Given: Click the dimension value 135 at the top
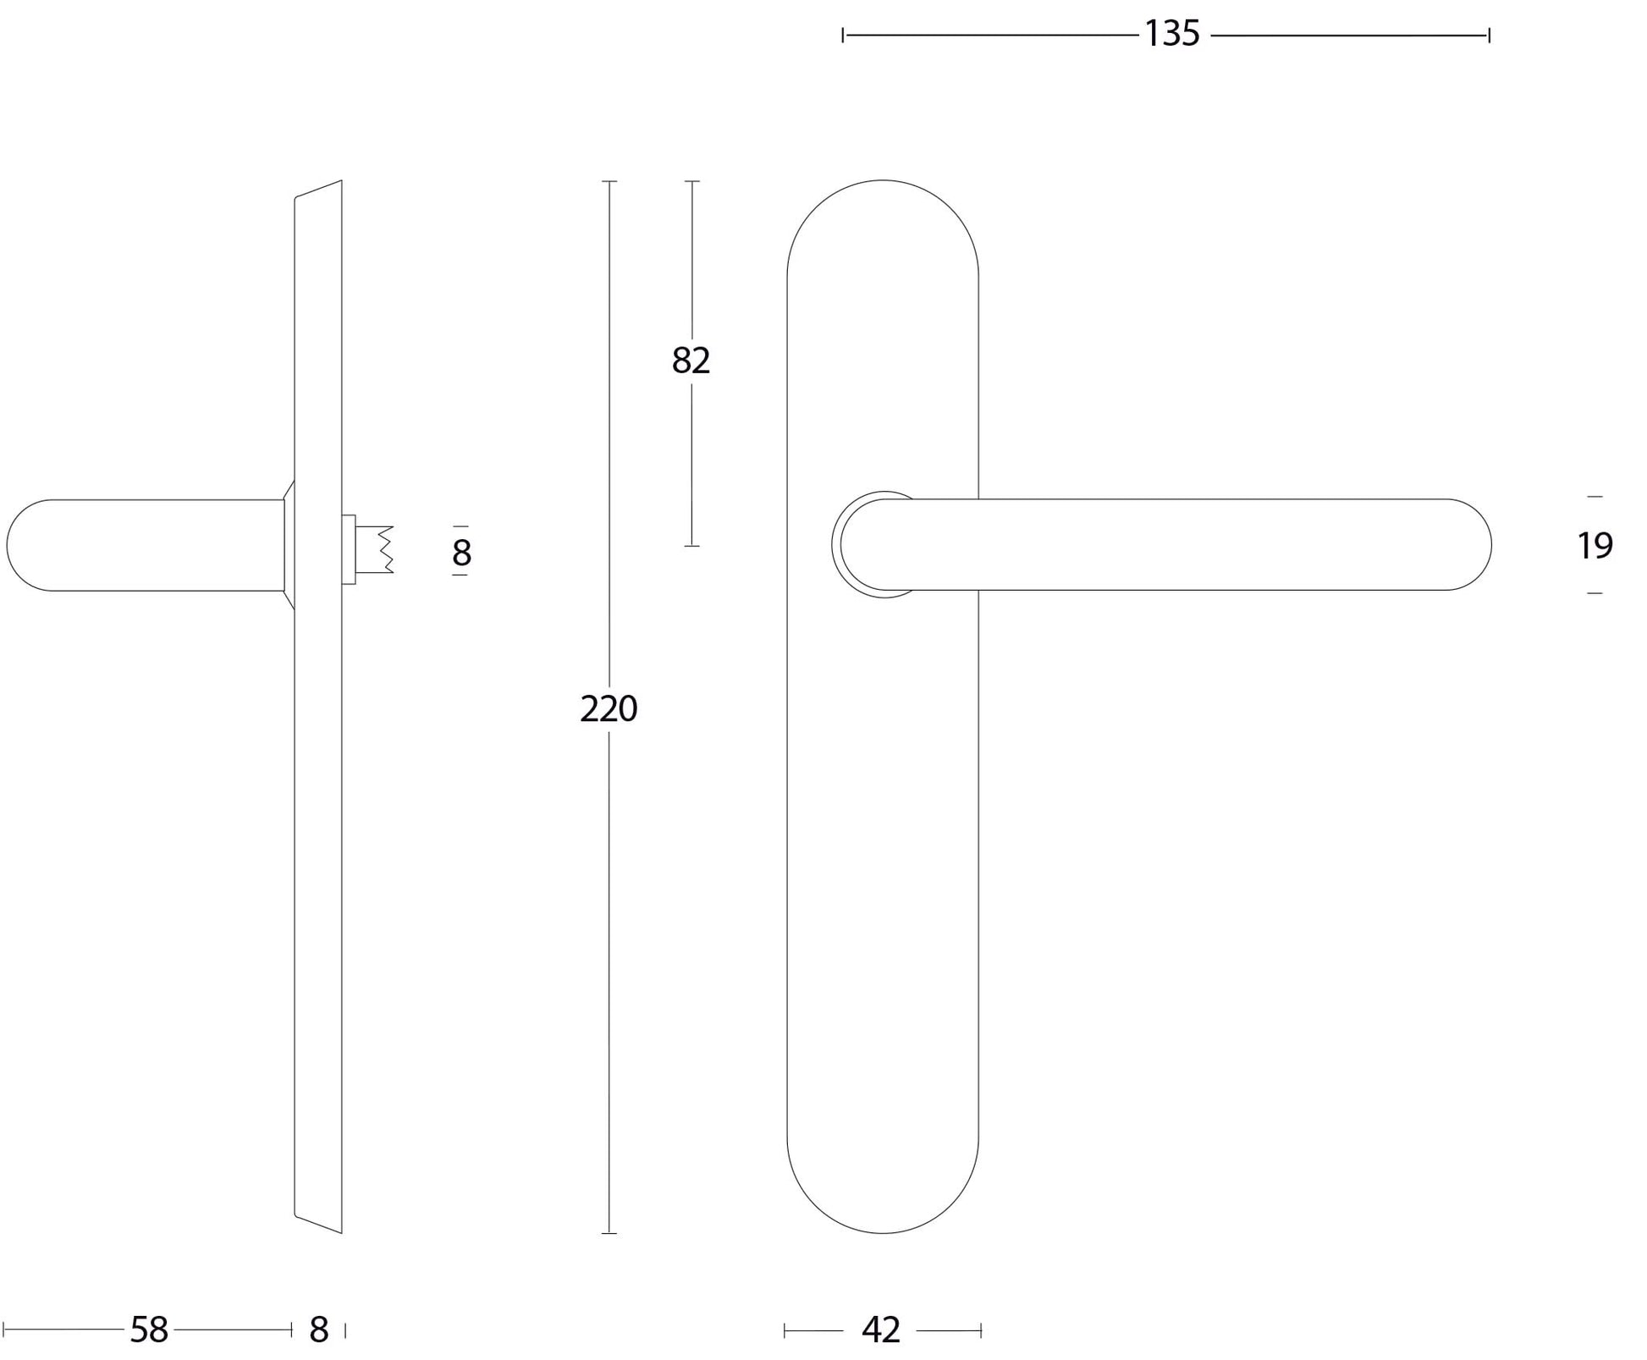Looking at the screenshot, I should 1172,34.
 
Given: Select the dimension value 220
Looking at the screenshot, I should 609,708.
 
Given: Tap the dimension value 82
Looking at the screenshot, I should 691,361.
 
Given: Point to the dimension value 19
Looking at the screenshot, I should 1595,546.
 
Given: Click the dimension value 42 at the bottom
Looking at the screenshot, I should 881,1330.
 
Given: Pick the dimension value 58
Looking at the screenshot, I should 149,1330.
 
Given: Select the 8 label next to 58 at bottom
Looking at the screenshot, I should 318,1330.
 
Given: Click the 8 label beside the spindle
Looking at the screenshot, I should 461,553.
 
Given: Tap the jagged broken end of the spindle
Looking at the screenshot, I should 386,550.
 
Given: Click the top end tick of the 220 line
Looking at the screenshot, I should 609,181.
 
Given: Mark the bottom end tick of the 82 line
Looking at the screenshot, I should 691,546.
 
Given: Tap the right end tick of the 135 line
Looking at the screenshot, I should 1489,35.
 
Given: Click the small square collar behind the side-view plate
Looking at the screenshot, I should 348,549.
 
